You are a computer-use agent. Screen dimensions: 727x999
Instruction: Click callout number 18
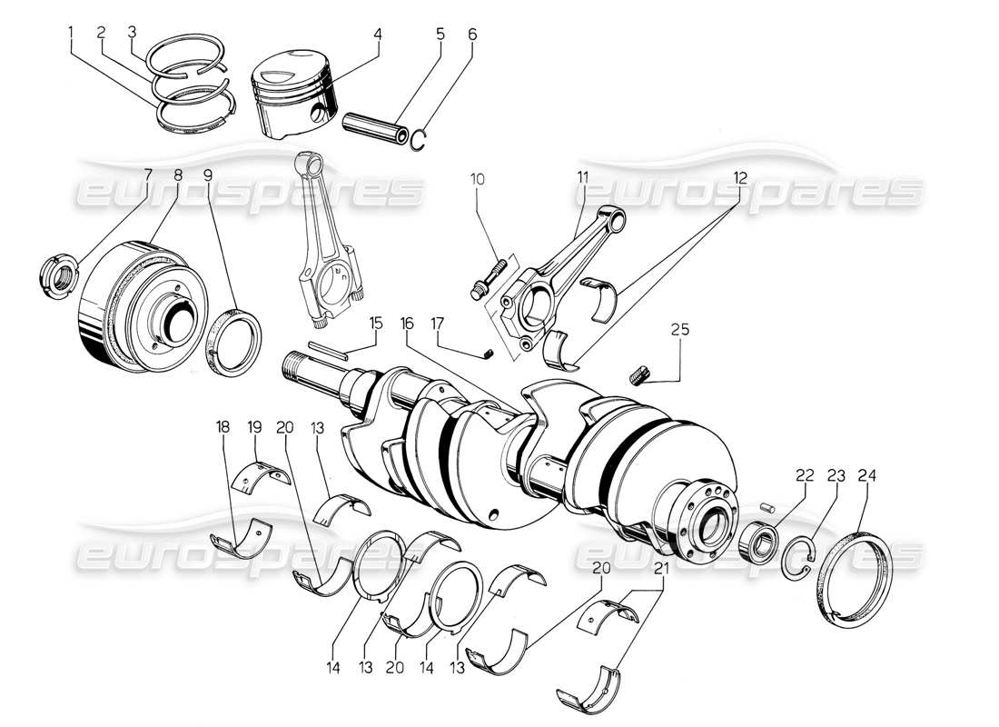[x=223, y=425]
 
